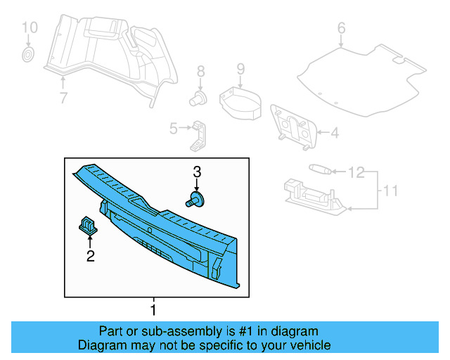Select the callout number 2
(x=90, y=257)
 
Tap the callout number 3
(x=197, y=172)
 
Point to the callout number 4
(x=335, y=131)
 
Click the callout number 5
(x=173, y=128)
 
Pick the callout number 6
(x=342, y=29)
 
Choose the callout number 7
(x=63, y=98)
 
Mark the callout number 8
(x=200, y=71)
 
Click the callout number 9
(x=240, y=69)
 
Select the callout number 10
(x=29, y=28)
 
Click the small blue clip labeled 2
(x=87, y=225)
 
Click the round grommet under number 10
(x=28, y=54)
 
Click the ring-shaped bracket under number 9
(x=239, y=101)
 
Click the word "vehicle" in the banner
(x=310, y=345)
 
